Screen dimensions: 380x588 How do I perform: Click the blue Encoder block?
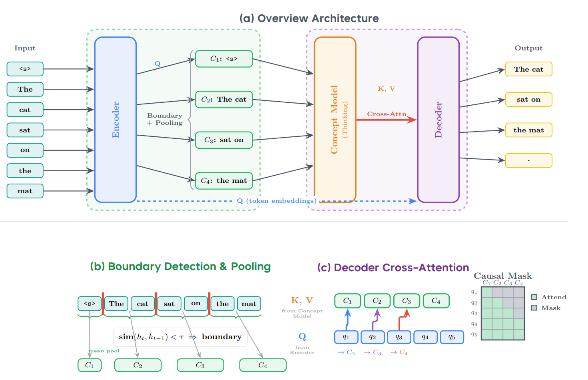click(x=116, y=120)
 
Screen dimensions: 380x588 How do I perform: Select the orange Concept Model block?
click(x=335, y=120)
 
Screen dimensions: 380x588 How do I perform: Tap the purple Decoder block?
click(x=438, y=120)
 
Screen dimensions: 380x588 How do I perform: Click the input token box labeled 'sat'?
click(x=25, y=130)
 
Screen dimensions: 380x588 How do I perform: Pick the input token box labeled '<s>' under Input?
click(x=25, y=69)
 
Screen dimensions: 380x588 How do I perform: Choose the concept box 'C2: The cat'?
click(x=224, y=100)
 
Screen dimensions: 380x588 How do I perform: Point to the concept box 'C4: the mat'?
click(x=224, y=181)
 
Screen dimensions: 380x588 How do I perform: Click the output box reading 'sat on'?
click(x=528, y=100)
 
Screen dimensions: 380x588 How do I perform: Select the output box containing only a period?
click(x=528, y=160)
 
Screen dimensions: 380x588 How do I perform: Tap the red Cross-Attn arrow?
click(x=386, y=120)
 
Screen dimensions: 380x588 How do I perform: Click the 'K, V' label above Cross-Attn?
click(x=386, y=89)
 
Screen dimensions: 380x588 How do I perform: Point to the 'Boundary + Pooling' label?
click(x=165, y=119)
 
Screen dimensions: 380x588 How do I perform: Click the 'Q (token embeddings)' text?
click(x=277, y=201)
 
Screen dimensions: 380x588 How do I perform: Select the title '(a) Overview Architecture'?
click(x=309, y=18)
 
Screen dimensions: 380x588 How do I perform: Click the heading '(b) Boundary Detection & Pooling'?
click(x=180, y=266)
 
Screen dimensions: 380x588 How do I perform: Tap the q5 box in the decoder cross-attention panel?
click(x=452, y=337)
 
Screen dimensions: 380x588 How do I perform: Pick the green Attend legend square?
click(x=534, y=297)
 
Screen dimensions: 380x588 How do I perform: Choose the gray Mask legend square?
click(x=534, y=308)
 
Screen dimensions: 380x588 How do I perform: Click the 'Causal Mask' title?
click(x=502, y=276)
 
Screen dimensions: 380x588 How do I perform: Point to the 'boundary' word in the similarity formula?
click(x=221, y=337)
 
